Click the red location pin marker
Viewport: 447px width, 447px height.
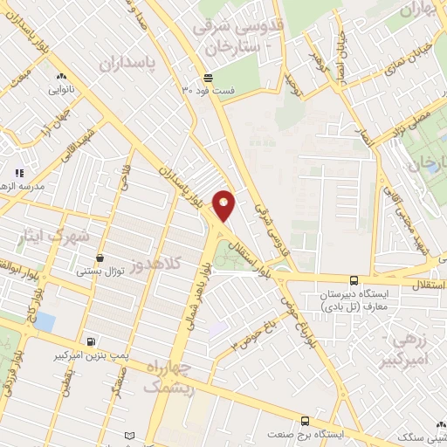click(223, 204)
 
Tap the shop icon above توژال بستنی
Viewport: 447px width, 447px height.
click(101, 258)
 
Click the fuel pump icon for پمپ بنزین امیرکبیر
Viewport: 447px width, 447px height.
click(90, 340)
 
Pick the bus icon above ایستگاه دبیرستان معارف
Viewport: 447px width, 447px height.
click(354, 280)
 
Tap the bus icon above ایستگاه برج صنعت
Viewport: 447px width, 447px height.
click(304, 420)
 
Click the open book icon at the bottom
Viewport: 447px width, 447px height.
click(130, 436)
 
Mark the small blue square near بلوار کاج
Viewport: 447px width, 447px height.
click(44, 322)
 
